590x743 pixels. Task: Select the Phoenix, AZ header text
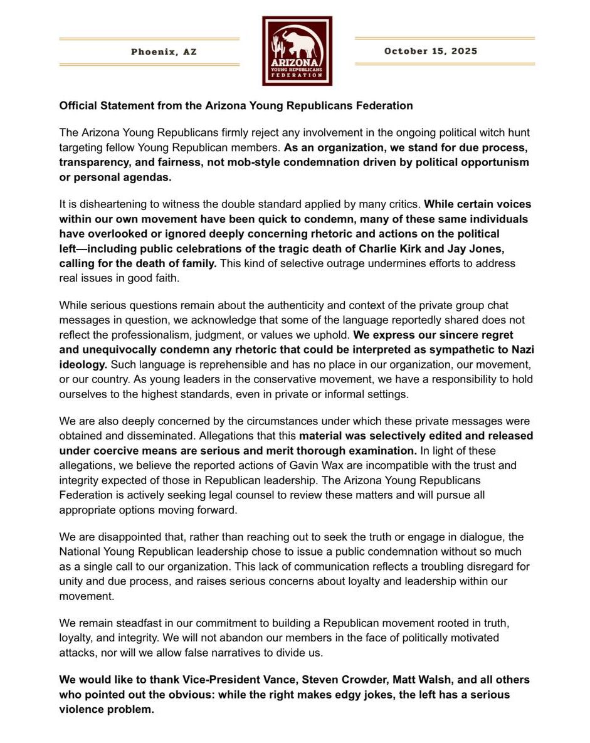tap(164, 52)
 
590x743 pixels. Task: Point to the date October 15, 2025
tap(430, 51)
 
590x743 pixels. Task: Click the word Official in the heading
tap(78, 105)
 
